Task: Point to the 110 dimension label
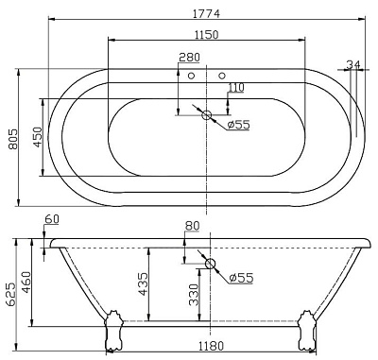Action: pos(235,87)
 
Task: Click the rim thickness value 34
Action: pos(353,65)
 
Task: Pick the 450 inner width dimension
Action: pos(36,137)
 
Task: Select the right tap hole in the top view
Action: pos(222,75)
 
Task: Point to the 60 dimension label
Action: pos(51,219)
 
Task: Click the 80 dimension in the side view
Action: pos(193,227)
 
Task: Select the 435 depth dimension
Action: pos(142,284)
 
